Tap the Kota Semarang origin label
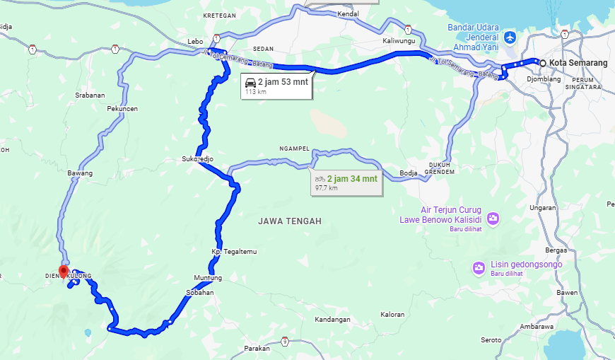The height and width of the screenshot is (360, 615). pos(578,64)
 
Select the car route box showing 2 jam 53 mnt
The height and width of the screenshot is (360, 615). pos(276,85)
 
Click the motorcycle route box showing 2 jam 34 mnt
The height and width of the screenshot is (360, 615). pos(346,182)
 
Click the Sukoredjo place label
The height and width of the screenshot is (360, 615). pos(197,160)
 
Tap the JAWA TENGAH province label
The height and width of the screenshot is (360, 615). pos(290,221)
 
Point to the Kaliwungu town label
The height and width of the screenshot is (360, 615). pos(397,41)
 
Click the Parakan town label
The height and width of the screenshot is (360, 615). pos(257,349)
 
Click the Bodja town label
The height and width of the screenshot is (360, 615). pos(409,173)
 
